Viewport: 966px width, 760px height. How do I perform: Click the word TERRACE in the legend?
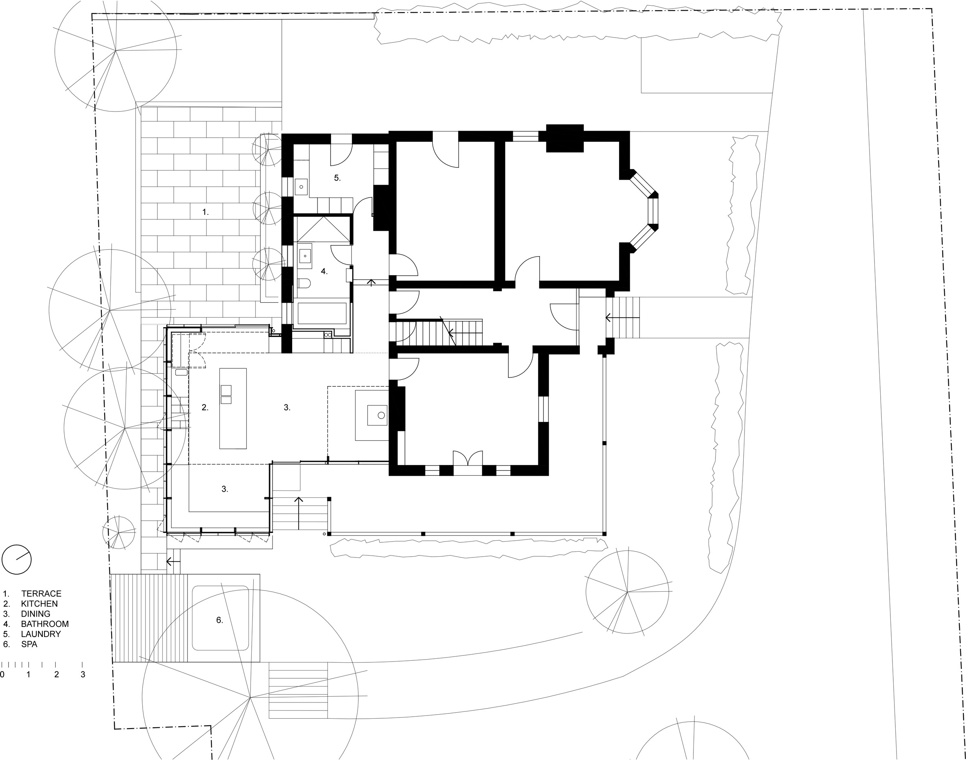pos(41,593)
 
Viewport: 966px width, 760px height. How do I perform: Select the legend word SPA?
pos(29,644)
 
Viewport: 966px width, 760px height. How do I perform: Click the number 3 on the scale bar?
pos(83,675)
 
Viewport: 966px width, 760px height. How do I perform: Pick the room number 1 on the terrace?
pos(205,212)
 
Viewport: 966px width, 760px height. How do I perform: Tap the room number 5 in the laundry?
pos(338,178)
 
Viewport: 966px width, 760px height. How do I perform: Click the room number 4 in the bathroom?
pos(324,272)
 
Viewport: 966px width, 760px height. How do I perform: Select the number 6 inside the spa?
pos(219,620)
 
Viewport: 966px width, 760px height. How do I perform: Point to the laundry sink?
pos(301,187)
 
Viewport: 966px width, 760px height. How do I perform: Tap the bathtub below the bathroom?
pos(322,314)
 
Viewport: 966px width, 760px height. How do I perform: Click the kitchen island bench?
pos(233,408)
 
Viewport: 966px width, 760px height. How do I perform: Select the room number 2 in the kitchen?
pos(205,408)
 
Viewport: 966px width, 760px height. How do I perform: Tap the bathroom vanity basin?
pos(305,254)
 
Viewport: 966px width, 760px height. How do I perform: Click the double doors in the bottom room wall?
pos(468,458)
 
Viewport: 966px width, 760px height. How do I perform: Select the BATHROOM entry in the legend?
pos(45,624)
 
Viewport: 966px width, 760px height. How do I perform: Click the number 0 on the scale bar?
pos(2,675)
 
